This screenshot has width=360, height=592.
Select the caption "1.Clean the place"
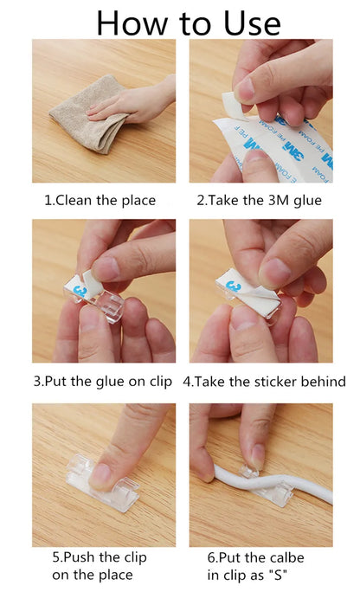[100, 200]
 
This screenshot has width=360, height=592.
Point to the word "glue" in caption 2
[307, 200]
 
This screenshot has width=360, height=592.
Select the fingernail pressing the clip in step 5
[101, 473]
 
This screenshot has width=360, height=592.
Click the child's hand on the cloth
[130, 104]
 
